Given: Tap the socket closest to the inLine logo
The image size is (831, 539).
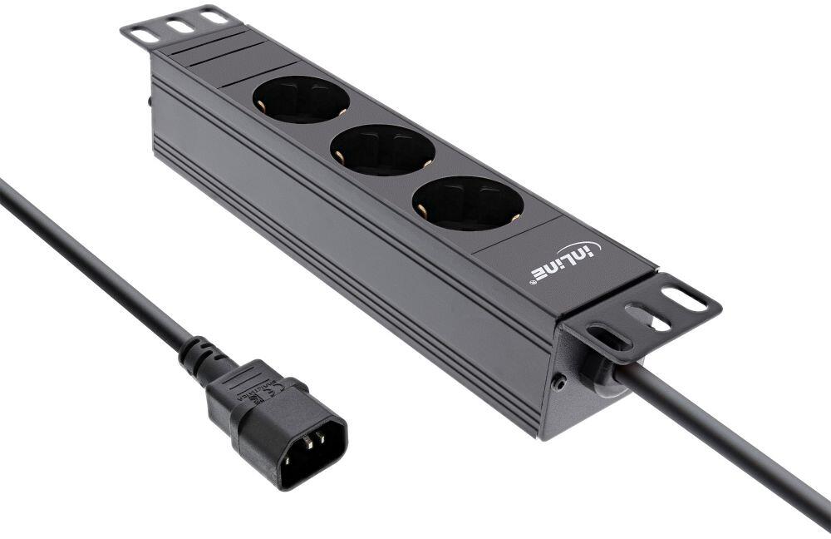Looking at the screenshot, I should tap(468, 203).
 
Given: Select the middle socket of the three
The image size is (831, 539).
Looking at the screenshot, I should tap(382, 150).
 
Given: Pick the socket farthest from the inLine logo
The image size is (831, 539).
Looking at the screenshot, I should tap(300, 99).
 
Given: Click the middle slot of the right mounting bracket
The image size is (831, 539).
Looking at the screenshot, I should tap(647, 319).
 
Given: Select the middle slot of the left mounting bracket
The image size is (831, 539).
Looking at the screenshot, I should tap(180, 27).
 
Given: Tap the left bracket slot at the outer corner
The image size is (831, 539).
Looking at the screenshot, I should tap(145, 36).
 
